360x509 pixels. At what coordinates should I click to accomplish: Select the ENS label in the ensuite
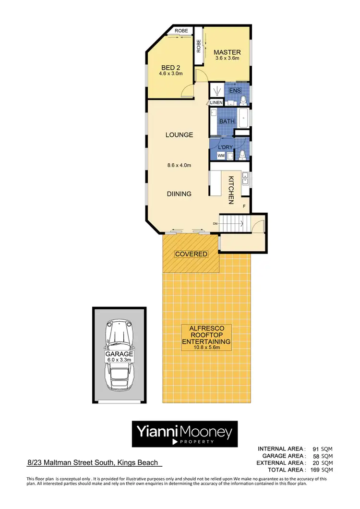click(235, 91)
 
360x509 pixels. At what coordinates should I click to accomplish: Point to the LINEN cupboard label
click(216, 102)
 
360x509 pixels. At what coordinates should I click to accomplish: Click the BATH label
click(227, 121)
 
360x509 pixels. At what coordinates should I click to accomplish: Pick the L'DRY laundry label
click(225, 146)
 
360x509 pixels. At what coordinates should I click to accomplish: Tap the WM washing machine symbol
click(221, 156)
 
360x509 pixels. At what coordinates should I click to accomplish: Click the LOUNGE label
click(179, 135)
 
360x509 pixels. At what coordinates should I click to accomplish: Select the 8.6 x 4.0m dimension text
click(179, 166)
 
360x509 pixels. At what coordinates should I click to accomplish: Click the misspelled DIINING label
click(179, 194)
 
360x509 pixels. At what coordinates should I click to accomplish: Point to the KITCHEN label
click(230, 190)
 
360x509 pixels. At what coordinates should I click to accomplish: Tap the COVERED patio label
click(191, 254)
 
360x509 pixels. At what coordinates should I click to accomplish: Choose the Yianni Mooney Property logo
click(184, 434)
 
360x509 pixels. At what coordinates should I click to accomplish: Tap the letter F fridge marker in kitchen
click(244, 206)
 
